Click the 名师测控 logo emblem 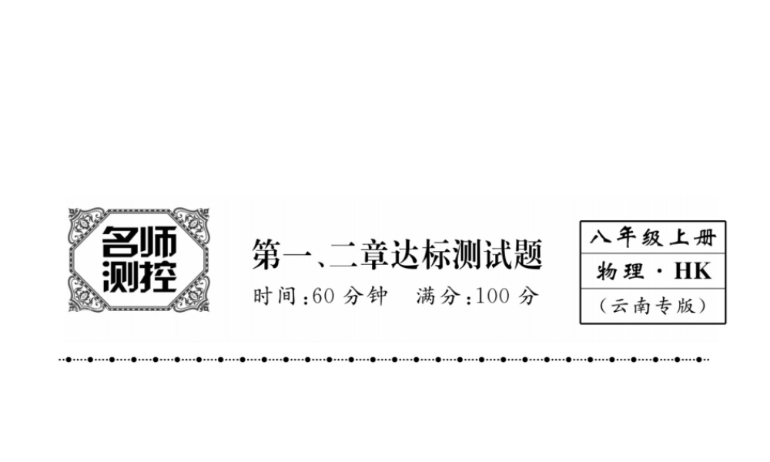click(x=139, y=259)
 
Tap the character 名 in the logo click(x=121, y=245)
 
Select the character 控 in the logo click(x=159, y=276)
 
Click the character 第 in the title click(x=266, y=255)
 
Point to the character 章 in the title click(x=371, y=255)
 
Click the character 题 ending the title click(x=527, y=255)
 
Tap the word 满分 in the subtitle click(x=440, y=296)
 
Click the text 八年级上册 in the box click(x=652, y=237)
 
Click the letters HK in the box click(x=692, y=271)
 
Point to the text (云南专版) click(x=653, y=306)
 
